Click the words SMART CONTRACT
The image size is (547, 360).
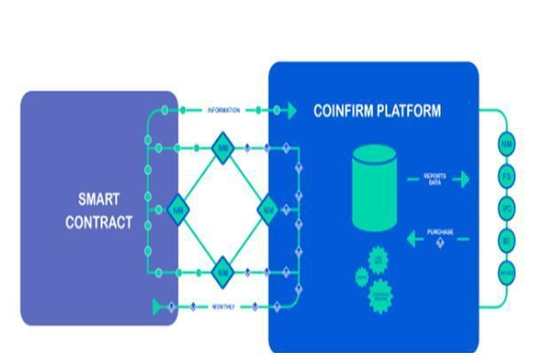98,211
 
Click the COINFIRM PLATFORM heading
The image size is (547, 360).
377,111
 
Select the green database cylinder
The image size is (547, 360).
374,188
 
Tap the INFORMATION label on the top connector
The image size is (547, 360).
223,111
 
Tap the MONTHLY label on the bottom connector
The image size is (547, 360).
223,307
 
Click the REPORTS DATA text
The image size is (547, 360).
434,179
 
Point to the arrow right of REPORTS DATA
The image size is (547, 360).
460,179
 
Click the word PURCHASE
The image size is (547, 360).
440,232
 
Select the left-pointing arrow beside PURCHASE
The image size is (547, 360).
413,238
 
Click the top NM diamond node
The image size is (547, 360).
223,148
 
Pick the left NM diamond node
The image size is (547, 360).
177,210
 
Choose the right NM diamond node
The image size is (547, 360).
268,210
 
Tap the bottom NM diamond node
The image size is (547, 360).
223,272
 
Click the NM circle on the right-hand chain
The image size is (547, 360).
507,144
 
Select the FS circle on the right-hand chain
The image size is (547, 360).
507,176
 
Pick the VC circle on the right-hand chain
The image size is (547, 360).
507,209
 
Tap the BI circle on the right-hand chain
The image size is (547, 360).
507,240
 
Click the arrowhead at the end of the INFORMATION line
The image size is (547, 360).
289,111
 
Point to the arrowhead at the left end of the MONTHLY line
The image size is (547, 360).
160,307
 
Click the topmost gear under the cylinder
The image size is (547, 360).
379,261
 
